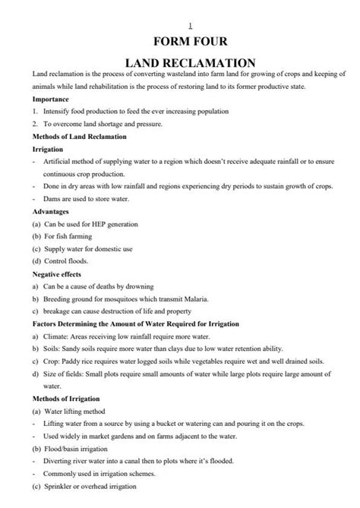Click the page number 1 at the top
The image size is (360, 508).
179,25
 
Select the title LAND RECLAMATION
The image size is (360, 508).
180,63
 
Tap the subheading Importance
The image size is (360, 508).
51,99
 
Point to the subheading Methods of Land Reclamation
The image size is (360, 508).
80,136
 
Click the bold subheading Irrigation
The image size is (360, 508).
48,150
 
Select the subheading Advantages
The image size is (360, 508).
52,211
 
